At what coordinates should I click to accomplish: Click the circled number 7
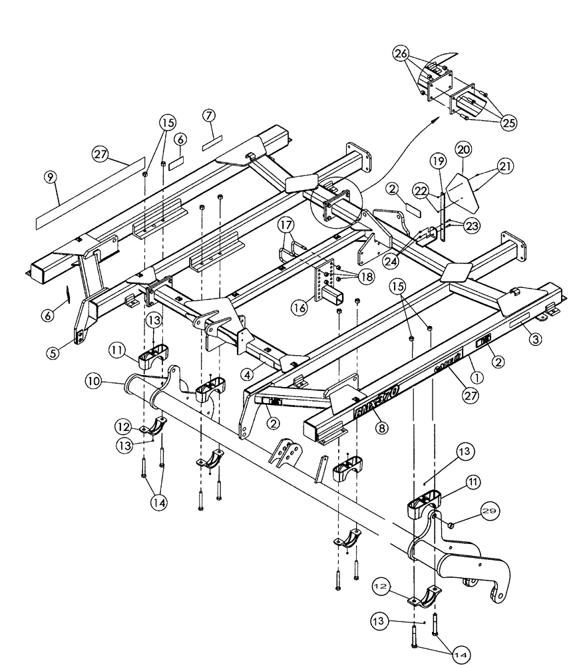point(210,116)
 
